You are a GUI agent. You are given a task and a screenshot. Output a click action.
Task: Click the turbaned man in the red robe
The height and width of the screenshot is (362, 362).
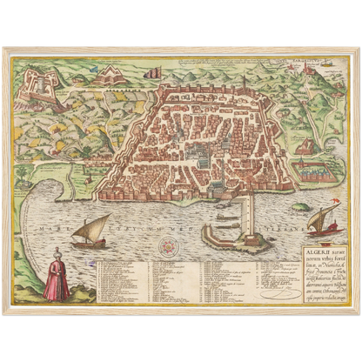click(57, 278)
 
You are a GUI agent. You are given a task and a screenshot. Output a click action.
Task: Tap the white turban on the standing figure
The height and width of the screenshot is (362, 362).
click(57, 253)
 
